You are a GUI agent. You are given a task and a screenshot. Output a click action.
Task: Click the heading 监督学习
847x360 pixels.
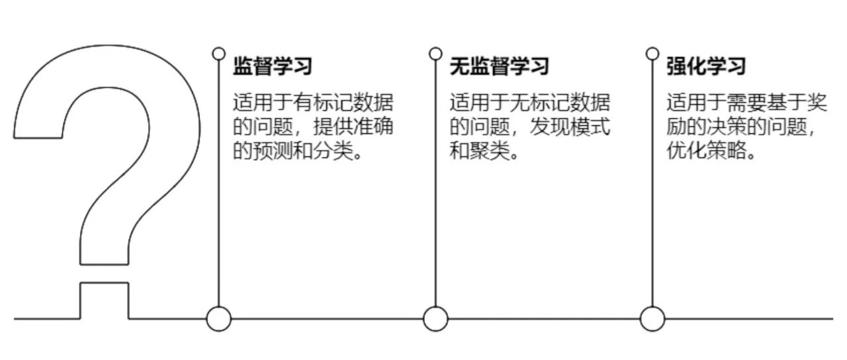(272, 66)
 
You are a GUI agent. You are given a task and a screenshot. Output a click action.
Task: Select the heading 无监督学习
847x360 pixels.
(499, 66)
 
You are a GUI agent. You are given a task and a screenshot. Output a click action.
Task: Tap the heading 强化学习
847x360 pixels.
(706, 66)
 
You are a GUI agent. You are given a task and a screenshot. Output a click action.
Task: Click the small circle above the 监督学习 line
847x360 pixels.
(218, 54)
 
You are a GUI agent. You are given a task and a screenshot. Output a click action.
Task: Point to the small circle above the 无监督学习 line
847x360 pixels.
(435, 54)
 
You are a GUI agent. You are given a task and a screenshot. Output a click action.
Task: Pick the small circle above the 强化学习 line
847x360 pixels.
(652, 54)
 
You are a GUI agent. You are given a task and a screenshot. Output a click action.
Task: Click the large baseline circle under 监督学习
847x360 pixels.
(218, 319)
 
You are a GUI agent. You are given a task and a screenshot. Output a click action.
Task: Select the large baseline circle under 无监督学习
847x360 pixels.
(435, 319)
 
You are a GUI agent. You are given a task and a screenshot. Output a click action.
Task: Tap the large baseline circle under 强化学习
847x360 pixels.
(652, 319)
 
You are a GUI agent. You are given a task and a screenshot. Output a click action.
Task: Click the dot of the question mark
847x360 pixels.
(105, 301)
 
